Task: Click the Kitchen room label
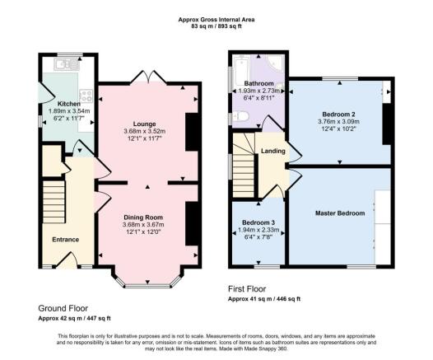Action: click(69, 104)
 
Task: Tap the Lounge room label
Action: click(144, 124)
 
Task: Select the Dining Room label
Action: click(143, 217)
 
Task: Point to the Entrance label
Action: click(66, 240)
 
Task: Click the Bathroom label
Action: click(259, 83)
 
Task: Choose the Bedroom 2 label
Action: click(338, 115)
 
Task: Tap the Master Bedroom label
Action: click(340, 213)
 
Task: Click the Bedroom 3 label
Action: click(258, 222)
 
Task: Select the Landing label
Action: click(273, 151)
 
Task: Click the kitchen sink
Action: click(68, 64)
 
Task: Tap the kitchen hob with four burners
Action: click(86, 96)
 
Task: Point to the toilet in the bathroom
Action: click(241, 116)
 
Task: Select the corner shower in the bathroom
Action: click(276, 63)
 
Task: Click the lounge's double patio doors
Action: click(148, 77)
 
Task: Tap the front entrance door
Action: click(68, 260)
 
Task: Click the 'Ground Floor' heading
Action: click(63, 308)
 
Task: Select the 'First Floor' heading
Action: click(247, 289)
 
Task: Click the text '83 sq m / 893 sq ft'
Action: click(216, 26)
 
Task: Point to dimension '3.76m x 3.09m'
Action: click(338, 122)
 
